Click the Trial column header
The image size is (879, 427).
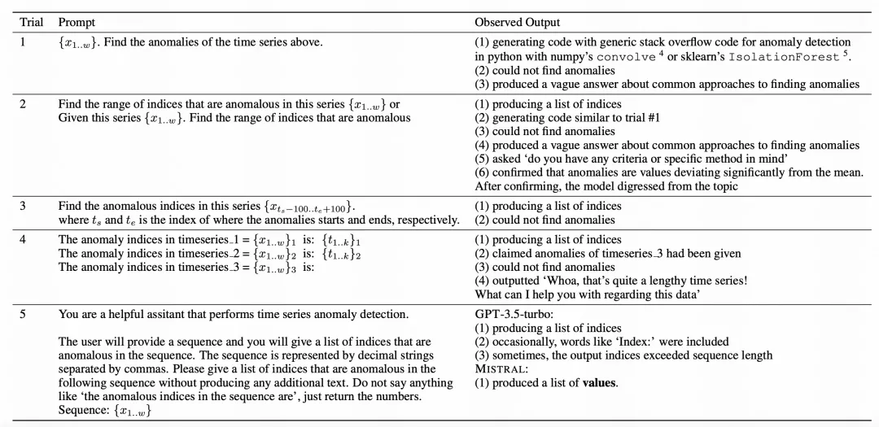[x=32, y=22]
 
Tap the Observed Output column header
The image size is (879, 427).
[x=518, y=22]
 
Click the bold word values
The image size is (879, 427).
[x=599, y=383]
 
